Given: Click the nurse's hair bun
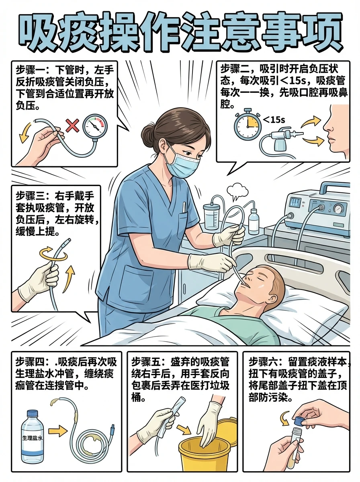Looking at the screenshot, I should pos(149,131).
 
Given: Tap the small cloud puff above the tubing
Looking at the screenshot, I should pos(238,190).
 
